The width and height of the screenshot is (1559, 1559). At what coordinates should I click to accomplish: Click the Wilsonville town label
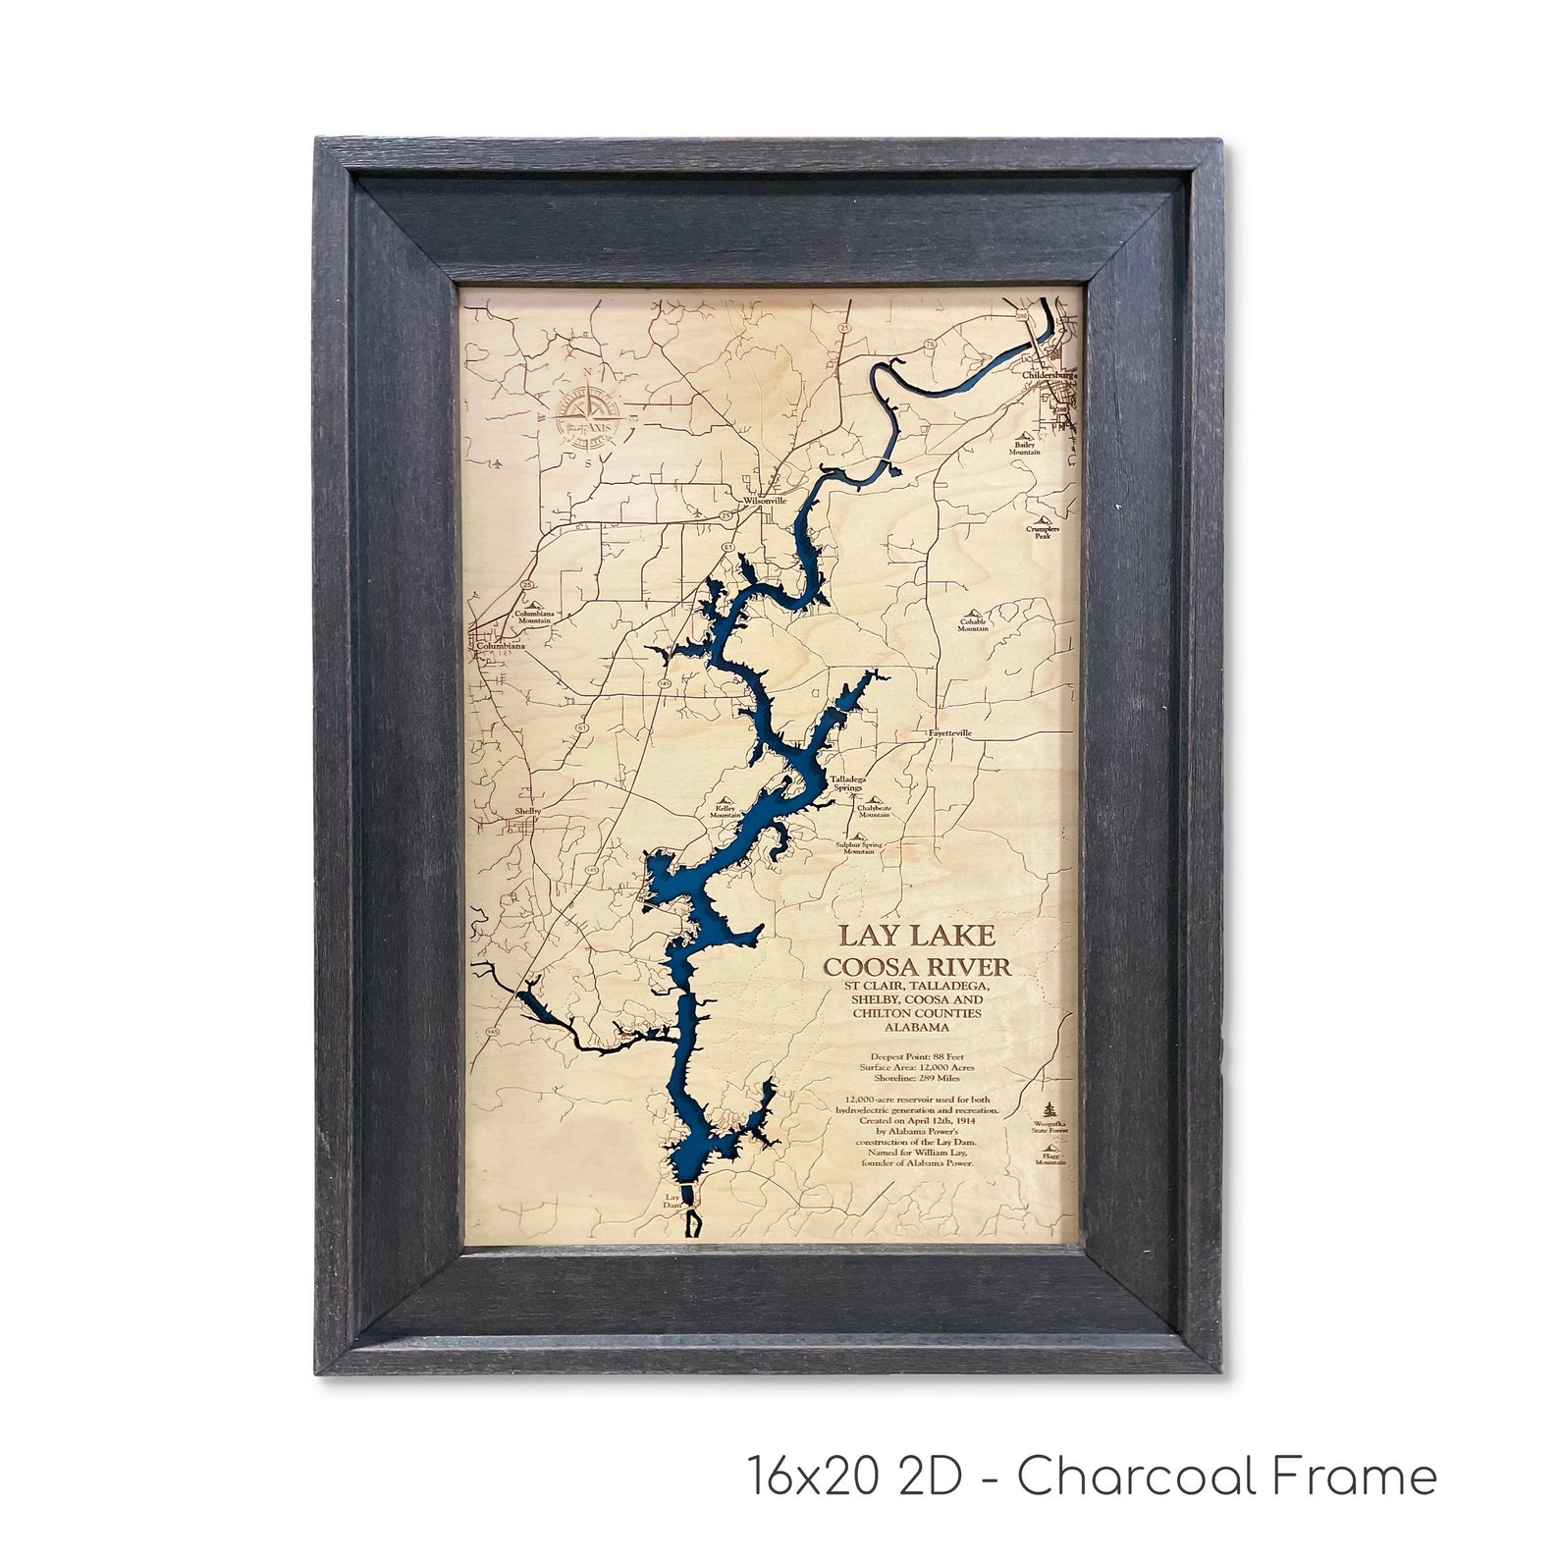(x=766, y=500)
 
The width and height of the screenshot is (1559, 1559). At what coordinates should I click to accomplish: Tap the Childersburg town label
(x=1048, y=375)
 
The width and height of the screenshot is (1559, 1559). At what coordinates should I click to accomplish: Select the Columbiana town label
(x=500, y=646)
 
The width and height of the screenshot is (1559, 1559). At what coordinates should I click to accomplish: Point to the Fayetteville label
(x=949, y=732)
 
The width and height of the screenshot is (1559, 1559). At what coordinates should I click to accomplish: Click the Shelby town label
(x=527, y=812)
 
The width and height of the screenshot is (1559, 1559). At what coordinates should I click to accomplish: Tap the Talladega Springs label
(x=845, y=782)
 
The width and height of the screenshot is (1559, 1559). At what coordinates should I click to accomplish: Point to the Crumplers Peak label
(x=1043, y=533)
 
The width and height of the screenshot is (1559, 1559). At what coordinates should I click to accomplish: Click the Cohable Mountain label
(x=973, y=624)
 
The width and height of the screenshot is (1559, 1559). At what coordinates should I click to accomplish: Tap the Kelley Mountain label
(x=726, y=811)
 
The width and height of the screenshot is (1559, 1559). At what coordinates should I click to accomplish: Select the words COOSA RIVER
(x=916, y=966)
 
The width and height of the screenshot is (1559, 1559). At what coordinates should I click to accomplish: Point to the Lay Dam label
(x=672, y=1201)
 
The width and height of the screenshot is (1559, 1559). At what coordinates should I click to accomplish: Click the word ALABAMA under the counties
(x=916, y=1027)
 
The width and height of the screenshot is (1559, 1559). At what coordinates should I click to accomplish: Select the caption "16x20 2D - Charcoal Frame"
(x=1092, y=1476)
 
